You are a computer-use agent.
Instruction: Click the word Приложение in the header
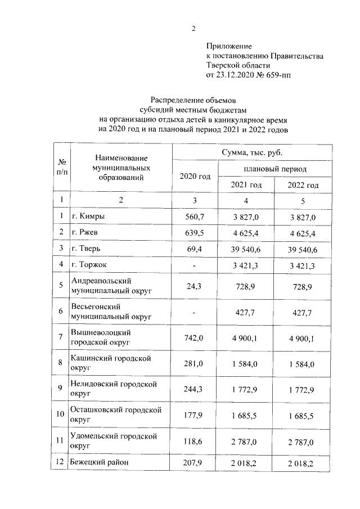pos(228,46)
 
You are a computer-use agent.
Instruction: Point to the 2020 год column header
pos(195,177)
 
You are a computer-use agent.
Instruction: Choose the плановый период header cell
pos(275,169)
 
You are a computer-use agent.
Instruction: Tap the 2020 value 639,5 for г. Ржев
pos(195,232)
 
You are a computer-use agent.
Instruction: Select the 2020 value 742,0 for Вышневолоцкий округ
pos(195,337)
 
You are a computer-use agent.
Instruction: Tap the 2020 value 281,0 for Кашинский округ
pos(195,363)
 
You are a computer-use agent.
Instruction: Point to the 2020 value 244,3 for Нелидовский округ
pos(195,389)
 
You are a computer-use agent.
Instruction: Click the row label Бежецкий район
pos(100,463)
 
